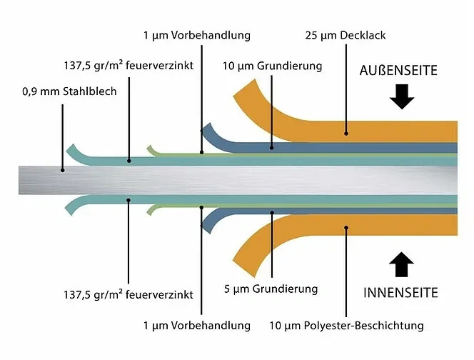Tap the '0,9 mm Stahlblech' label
click(69, 91)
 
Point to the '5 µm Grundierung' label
click(271, 289)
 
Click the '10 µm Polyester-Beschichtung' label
click(346, 326)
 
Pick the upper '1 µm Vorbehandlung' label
click(196, 35)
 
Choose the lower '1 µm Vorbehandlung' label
click(196, 326)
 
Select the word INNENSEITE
click(400, 294)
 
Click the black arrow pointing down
click(403, 96)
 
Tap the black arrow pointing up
click(403, 266)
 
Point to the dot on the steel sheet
click(63, 171)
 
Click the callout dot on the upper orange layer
click(346, 132)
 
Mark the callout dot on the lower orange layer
click(346, 228)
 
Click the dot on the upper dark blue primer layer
click(272, 147)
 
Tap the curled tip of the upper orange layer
click(243, 91)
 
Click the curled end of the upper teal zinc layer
click(71, 150)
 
